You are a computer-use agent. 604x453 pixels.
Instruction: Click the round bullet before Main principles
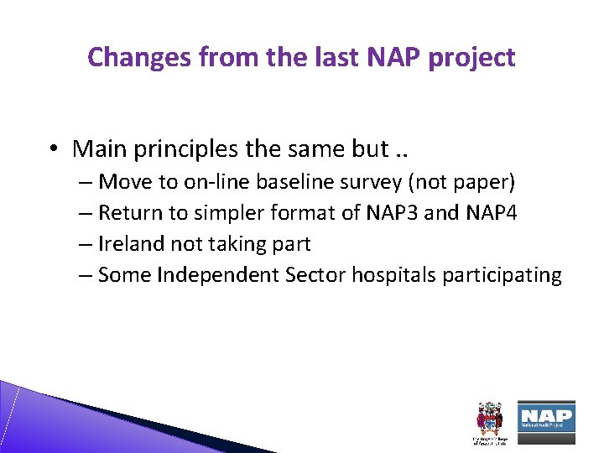(52, 149)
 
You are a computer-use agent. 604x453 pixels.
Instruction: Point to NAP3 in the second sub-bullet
(393, 213)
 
